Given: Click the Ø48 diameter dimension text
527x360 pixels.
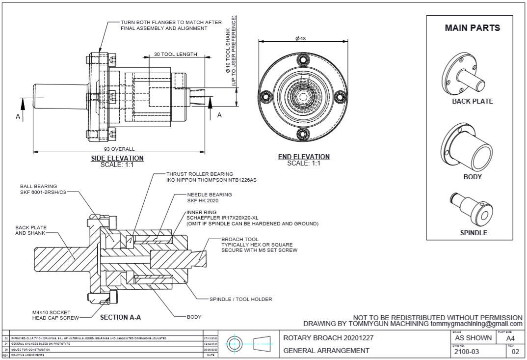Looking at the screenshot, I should [x=301, y=39].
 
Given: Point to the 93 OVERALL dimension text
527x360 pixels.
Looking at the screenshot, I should [x=119, y=149].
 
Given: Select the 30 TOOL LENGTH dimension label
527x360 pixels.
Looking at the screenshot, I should [x=175, y=54].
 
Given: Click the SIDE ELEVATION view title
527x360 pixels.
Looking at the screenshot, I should [x=117, y=158].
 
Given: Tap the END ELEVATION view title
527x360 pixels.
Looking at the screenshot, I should [x=304, y=157].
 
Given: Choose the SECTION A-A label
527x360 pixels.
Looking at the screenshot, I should [x=120, y=317].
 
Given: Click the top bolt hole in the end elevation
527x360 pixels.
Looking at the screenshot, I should [x=303, y=59].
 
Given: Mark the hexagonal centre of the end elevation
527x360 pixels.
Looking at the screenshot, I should [x=303, y=96].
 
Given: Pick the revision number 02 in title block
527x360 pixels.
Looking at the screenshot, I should [x=515, y=352].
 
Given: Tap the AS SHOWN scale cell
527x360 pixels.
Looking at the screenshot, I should [x=473, y=338].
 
